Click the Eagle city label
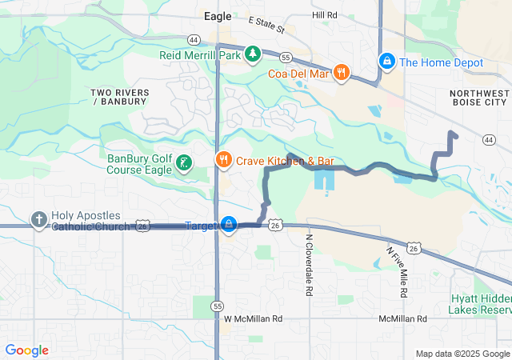[x=218, y=15]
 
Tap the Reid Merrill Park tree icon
[x=253, y=54]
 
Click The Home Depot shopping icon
[x=386, y=62]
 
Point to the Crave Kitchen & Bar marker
[x=222, y=160]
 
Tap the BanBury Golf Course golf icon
[x=184, y=163]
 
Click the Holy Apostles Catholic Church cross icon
[x=38, y=219]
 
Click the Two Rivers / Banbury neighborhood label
[x=120, y=97]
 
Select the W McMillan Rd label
[x=254, y=318]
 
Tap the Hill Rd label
[x=325, y=15]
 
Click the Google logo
[x=26, y=350]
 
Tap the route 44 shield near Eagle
[x=194, y=38]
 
